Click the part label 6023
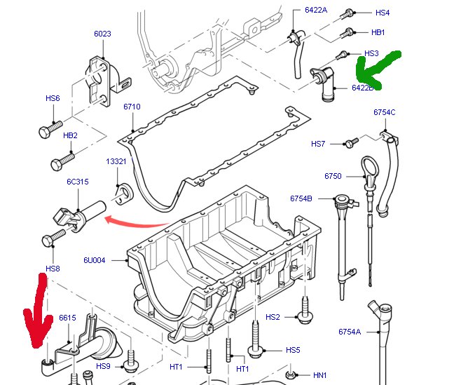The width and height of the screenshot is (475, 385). pyautogui.click(x=102, y=34)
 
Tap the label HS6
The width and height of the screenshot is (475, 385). pyautogui.click(x=53, y=99)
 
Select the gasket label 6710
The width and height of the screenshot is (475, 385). pyautogui.click(x=132, y=107)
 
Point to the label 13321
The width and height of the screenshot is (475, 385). pyautogui.click(x=116, y=161)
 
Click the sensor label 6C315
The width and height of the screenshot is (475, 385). pyautogui.click(x=77, y=182)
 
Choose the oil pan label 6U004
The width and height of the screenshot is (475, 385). pyautogui.click(x=95, y=260)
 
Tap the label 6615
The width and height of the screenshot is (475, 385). pyautogui.click(x=67, y=318)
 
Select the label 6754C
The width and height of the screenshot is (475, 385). pyautogui.click(x=385, y=112)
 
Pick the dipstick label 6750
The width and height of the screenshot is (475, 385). pyautogui.click(x=333, y=176)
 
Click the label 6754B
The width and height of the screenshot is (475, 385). pyautogui.click(x=301, y=198)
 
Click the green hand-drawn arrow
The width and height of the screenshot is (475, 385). pyautogui.click(x=377, y=67)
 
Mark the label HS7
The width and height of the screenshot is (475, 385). pyautogui.click(x=318, y=144)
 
